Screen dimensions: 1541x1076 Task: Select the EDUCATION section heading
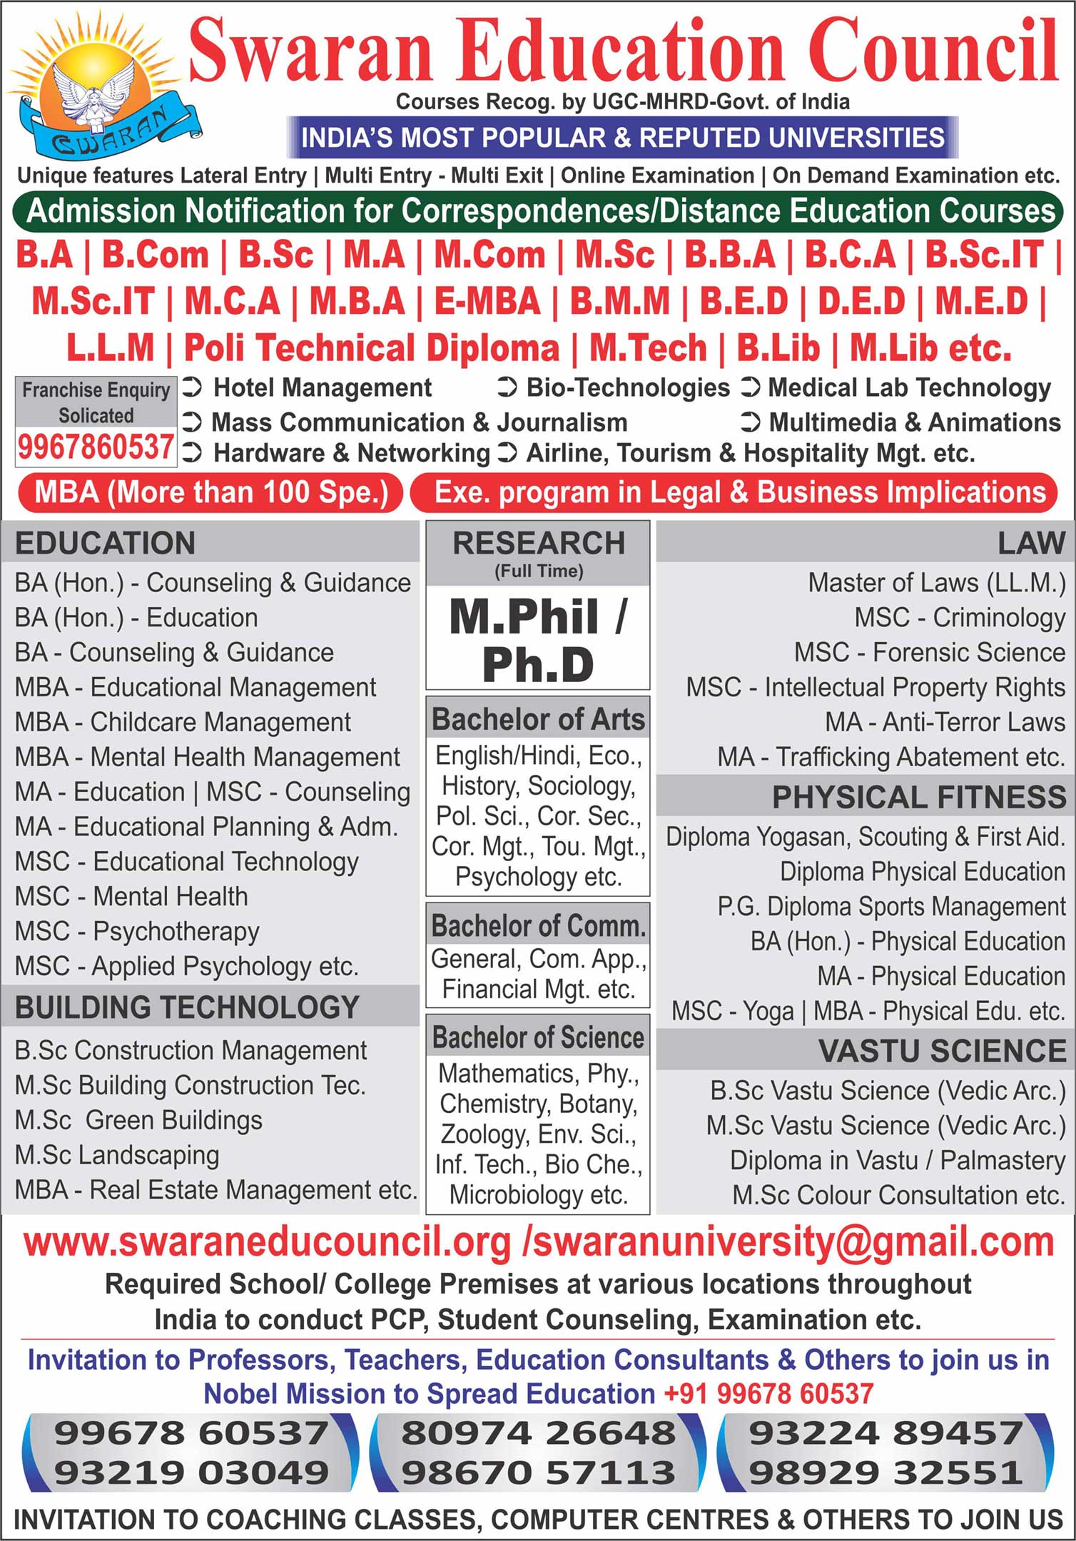pyautogui.click(x=105, y=543)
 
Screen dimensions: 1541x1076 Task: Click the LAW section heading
pyautogui.click(x=1030, y=543)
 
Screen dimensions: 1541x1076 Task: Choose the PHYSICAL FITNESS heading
pyautogui.click(x=918, y=797)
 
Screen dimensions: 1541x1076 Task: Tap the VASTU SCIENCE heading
pyautogui.click(x=942, y=1051)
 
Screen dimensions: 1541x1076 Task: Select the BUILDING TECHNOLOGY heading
pyautogui.click(x=187, y=1007)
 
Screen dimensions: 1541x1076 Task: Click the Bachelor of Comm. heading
pyautogui.click(x=538, y=925)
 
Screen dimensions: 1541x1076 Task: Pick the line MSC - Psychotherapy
pyautogui.click(x=137, y=931)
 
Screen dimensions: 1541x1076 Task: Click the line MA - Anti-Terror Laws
pyautogui.click(x=945, y=722)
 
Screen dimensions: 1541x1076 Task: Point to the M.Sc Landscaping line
pyautogui.click(x=117, y=1154)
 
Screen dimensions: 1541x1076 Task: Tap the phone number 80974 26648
pyautogui.click(x=538, y=1433)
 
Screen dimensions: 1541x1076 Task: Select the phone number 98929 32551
pyautogui.click(x=885, y=1472)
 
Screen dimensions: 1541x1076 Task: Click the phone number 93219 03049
pyautogui.click(x=191, y=1472)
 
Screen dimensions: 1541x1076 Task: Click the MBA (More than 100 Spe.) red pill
pyautogui.click(x=210, y=492)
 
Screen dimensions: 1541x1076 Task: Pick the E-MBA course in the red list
pyautogui.click(x=487, y=301)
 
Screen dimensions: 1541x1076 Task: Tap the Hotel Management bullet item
pyautogui.click(x=323, y=387)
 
